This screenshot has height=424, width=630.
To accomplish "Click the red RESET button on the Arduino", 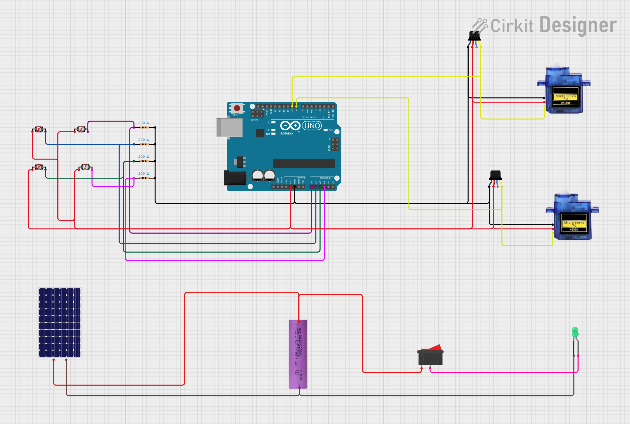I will point(237,108).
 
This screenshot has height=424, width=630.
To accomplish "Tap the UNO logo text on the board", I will point(312,126).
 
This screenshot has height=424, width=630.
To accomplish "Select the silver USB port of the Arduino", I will point(230,127).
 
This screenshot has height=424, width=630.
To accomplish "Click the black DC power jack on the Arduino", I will point(235,178).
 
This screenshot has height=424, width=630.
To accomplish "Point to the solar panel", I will point(60,322).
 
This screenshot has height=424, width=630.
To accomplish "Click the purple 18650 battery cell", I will point(298,354).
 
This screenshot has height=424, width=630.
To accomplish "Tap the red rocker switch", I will point(430,356).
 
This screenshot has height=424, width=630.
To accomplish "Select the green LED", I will point(575,332).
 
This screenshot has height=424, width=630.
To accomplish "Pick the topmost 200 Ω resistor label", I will point(144,123).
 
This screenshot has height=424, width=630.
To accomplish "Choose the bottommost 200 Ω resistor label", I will point(144,174).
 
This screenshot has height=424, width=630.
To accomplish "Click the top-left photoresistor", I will point(39,129).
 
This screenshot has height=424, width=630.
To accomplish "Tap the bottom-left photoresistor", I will point(39,167).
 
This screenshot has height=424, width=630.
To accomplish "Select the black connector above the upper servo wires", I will point(474,36).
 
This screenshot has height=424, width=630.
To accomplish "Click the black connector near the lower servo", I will point(495,175).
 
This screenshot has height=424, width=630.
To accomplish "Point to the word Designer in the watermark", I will point(578,25).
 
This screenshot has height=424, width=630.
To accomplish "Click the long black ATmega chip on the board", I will point(304,163).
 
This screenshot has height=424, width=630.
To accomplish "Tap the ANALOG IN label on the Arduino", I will point(325,178).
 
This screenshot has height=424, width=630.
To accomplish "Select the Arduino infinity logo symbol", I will point(290,126).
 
